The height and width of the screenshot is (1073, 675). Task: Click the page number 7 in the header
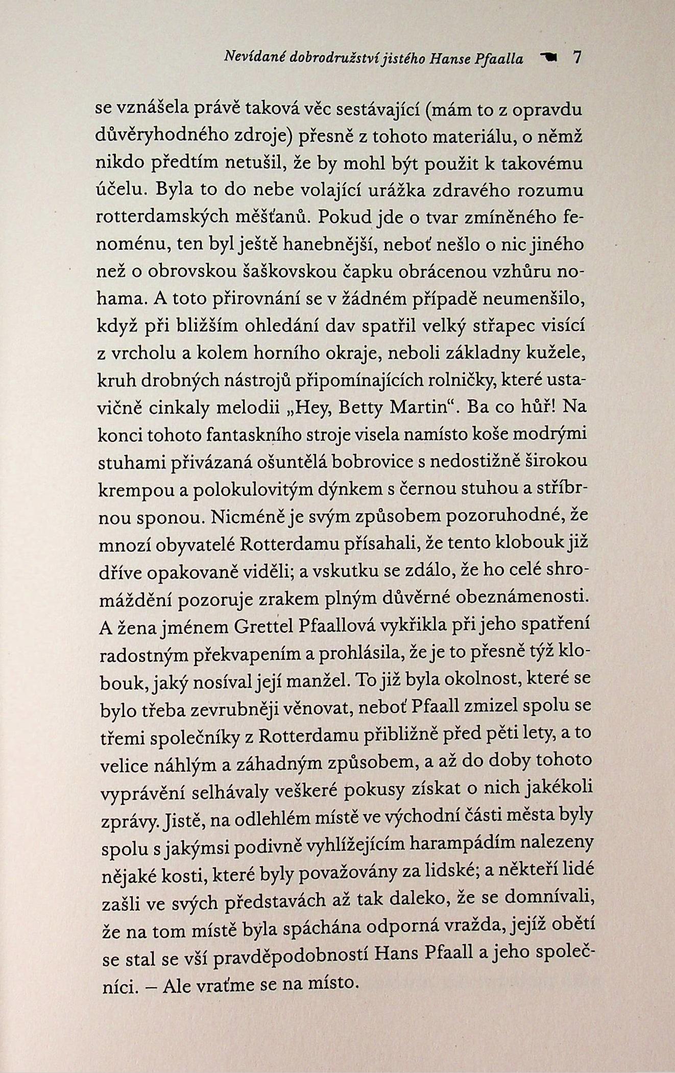577,58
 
